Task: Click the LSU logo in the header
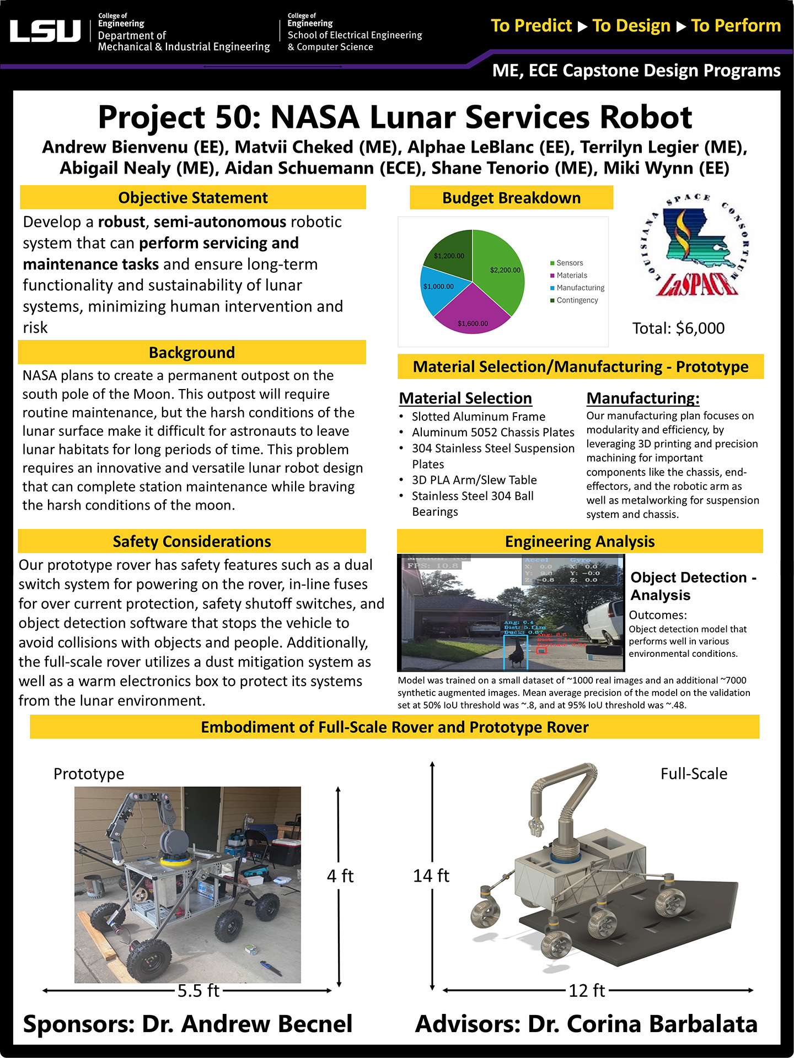pyautogui.click(x=45, y=31)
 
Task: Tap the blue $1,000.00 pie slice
pyautogui.click(x=441, y=289)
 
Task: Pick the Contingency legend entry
pyautogui.click(x=577, y=300)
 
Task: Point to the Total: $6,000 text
pyautogui.click(x=678, y=328)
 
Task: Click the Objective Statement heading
pyautogui.click(x=193, y=197)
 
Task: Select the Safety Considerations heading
pyautogui.click(x=192, y=541)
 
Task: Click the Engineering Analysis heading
pyautogui.click(x=580, y=541)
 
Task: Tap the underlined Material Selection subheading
pyautogui.click(x=465, y=398)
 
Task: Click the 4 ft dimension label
pyautogui.click(x=340, y=876)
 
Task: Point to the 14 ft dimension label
pyautogui.click(x=431, y=876)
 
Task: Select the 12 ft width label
pyautogui.click(x=587, y=991)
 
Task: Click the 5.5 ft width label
pyautogui.click(x=198, y=991)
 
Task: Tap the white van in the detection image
pyautogui.click(x=605, y=623)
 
